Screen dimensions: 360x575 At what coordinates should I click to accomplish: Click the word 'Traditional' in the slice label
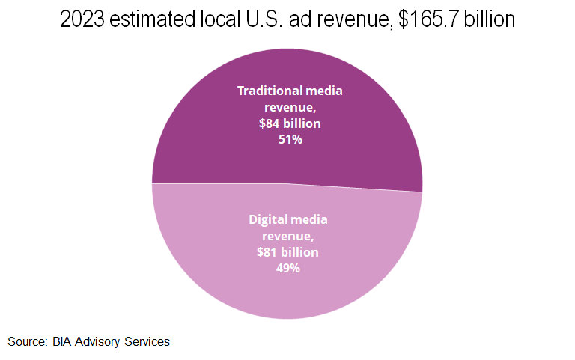269,91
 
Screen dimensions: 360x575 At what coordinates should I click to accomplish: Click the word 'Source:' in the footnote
28,342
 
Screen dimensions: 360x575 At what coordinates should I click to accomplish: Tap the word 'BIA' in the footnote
63,342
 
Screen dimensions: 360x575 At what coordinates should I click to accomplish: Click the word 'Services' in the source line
148,342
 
